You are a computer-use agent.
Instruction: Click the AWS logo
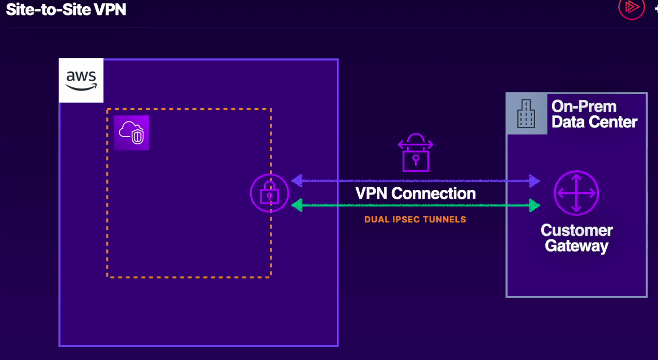coord(81,81)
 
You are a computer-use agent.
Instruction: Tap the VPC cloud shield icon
coord(131,133)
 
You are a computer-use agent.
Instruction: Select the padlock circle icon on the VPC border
coord(269,193)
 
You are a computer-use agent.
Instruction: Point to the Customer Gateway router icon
coord(576,193)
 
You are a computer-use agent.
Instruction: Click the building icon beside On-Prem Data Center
coord(526,114)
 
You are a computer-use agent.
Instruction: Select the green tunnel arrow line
coord(414,206)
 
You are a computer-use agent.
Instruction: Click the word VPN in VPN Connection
coord(372,193)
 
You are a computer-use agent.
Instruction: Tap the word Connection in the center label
coord(434,193)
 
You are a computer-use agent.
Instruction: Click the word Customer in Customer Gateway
coord(576,230)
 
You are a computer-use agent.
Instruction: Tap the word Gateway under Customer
coord(576,246)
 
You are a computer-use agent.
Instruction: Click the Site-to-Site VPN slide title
coord(66,9)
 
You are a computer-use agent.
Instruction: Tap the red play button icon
coord(631,7)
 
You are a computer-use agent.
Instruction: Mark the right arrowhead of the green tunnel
coord(534,206)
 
